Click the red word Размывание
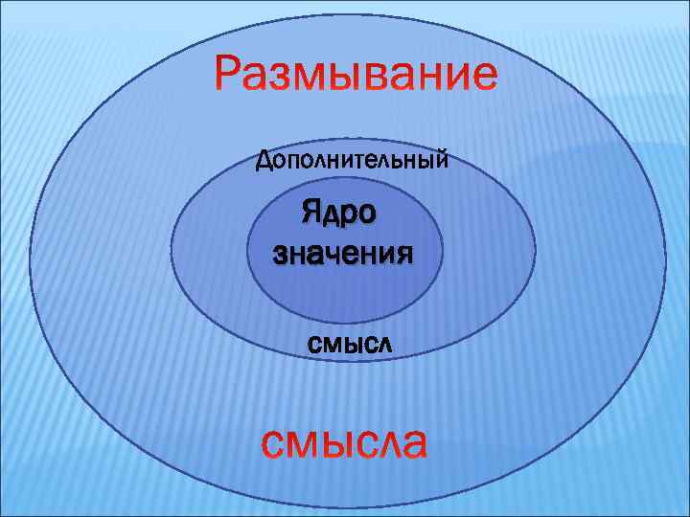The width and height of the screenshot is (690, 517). point(356,74)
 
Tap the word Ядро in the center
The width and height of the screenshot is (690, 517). point(338,210)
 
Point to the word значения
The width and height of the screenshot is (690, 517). point(343,255)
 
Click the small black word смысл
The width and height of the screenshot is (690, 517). point(350,342)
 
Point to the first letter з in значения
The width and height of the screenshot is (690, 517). point(280,256)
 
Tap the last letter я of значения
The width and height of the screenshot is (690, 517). point(404,256)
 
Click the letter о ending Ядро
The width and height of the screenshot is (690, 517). point(366,212)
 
